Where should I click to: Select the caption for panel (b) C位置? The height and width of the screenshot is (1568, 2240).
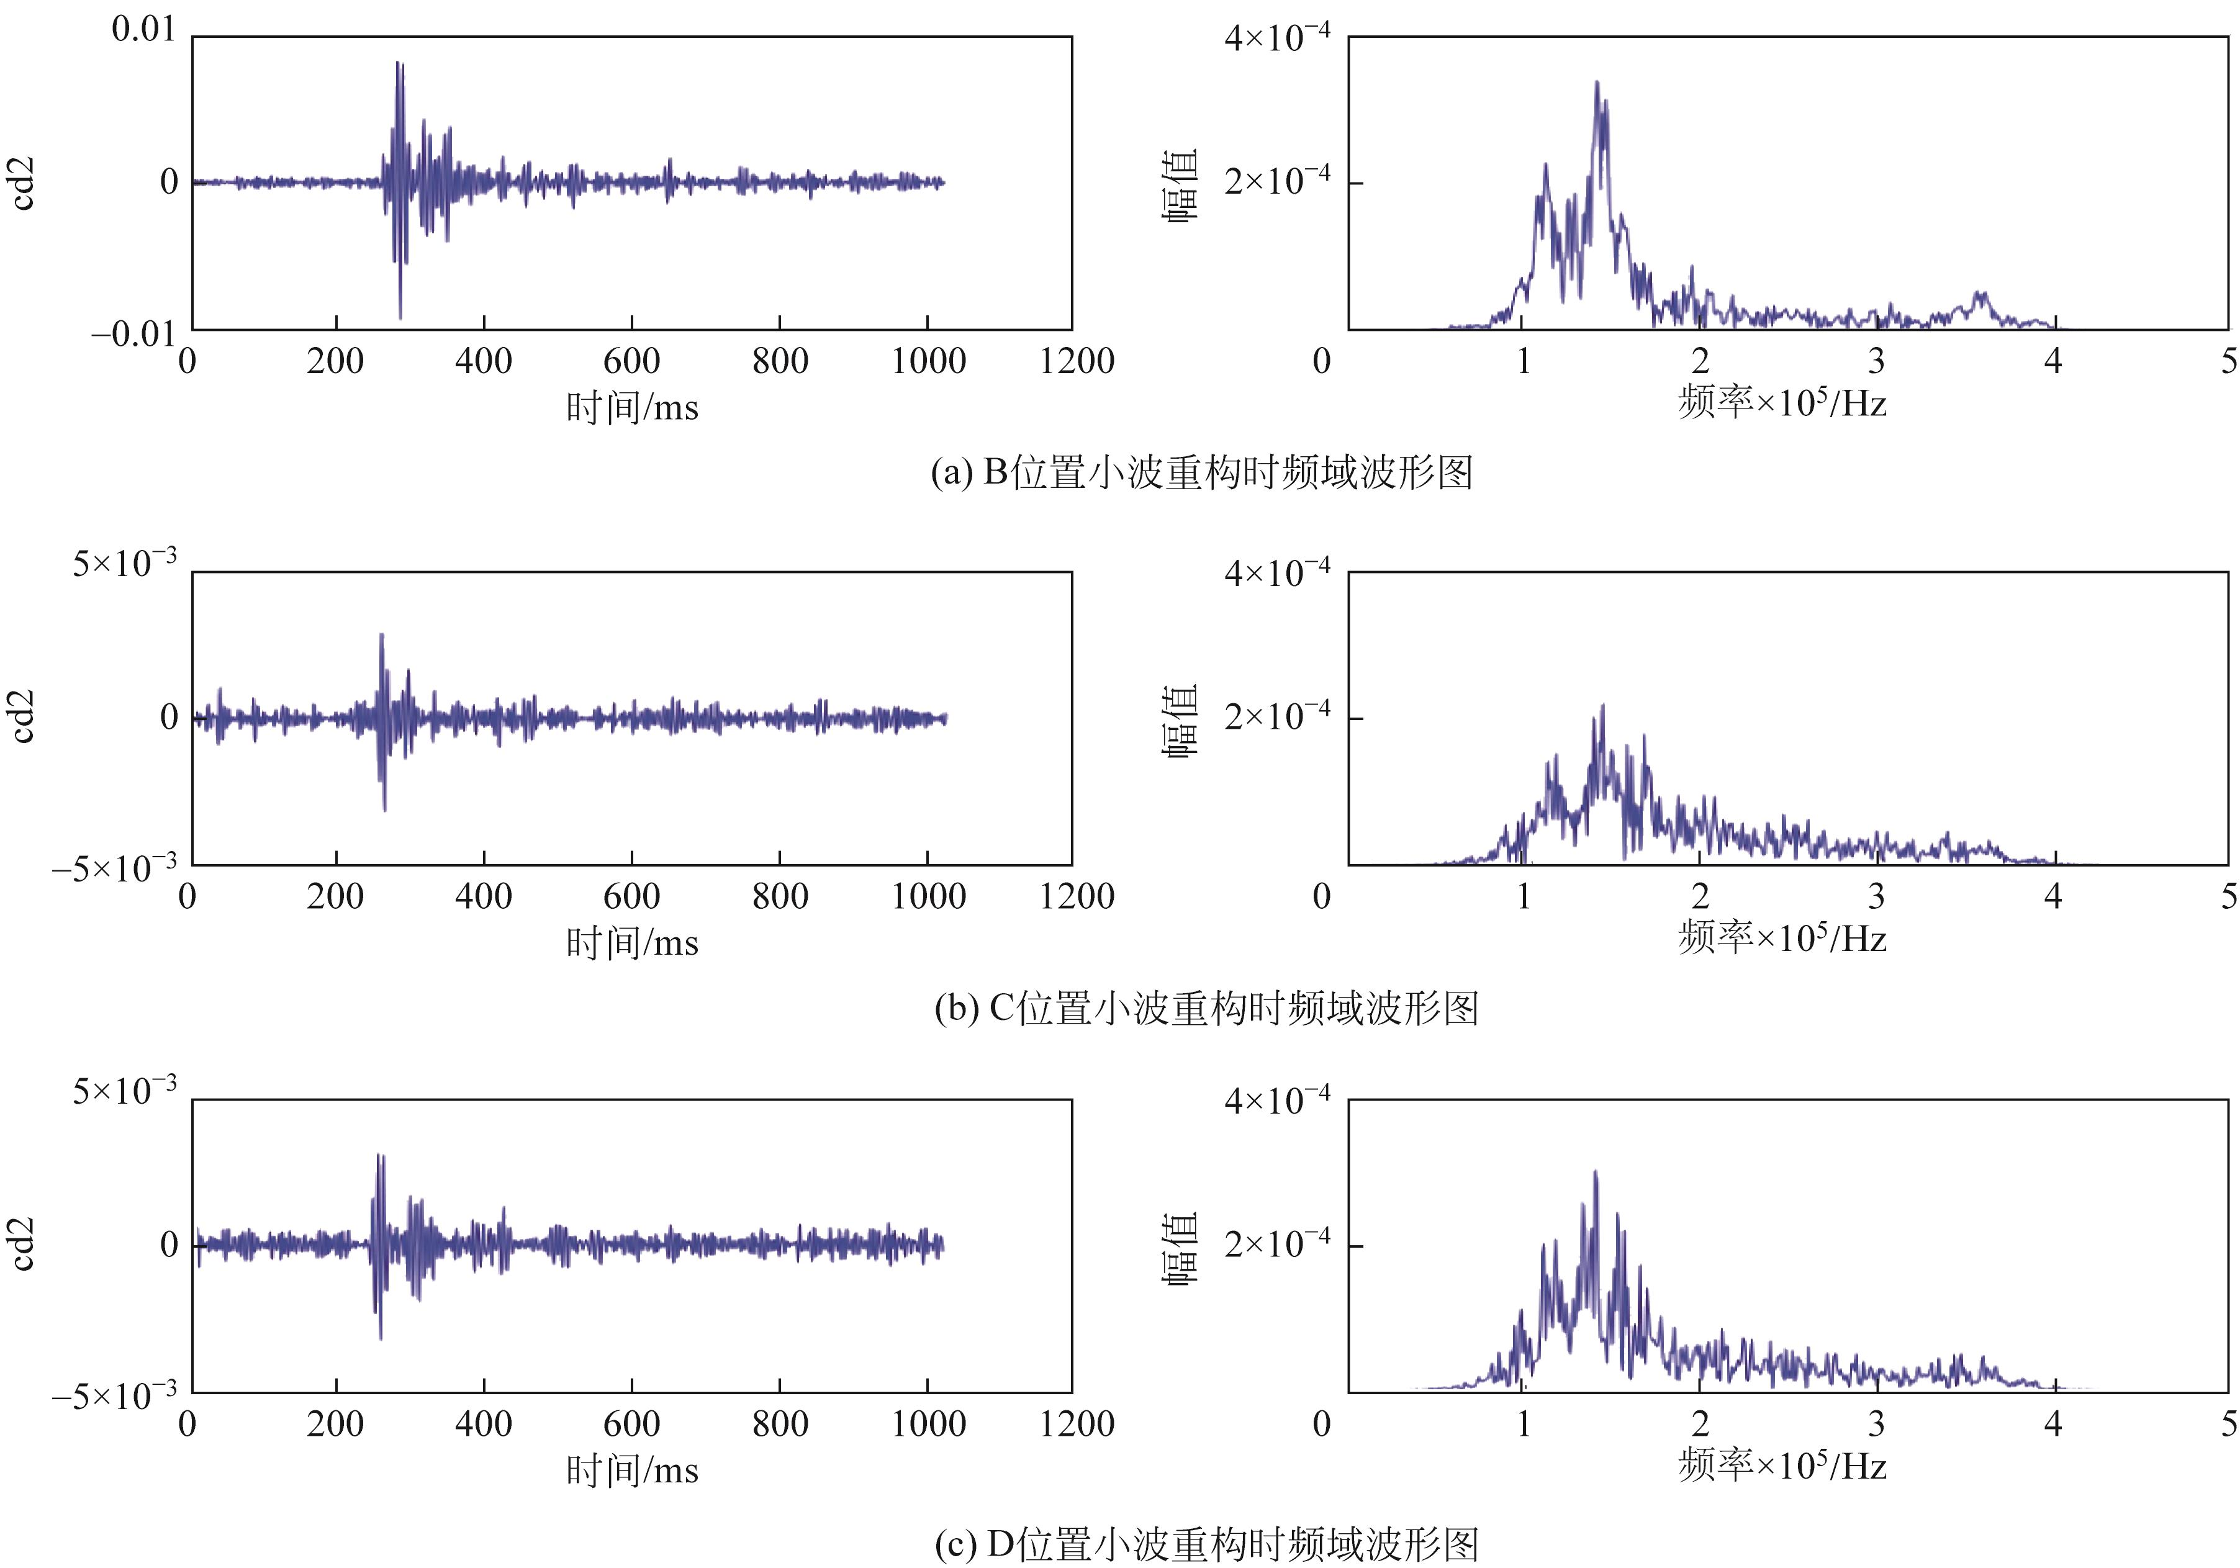(1206, 1008)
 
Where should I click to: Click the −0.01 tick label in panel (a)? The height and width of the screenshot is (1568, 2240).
(133, 335)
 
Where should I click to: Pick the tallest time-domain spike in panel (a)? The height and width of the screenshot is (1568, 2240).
(398, 63)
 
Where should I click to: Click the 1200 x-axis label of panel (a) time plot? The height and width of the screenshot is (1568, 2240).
(1076, 362)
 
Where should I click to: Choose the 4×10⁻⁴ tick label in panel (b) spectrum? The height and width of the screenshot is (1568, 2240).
(1276, 572)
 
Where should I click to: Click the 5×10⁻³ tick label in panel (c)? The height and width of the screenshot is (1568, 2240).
(125, 1091)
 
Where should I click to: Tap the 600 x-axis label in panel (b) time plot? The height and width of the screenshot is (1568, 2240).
(631, 897)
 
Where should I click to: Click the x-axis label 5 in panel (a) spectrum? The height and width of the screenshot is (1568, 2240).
(2228, 362)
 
